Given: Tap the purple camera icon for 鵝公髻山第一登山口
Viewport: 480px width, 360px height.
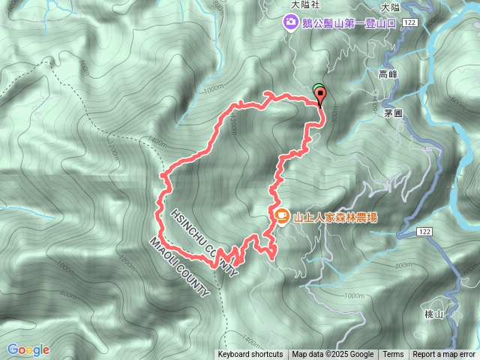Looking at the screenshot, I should (x=289, y=24).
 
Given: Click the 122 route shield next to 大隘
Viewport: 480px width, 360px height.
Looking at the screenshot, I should (x=409, y=24).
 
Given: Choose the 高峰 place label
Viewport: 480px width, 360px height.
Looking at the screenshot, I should (x=388, y=74).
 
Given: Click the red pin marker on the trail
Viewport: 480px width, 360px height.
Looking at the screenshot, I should (x=322, y=96).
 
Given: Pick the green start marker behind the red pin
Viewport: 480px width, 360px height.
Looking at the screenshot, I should (x=317, y=89).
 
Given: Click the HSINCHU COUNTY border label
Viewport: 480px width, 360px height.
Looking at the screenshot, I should (x=198, y=238).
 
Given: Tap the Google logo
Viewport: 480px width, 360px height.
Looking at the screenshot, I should (x=28, y=349).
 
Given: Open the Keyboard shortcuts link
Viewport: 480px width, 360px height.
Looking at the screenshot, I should (x=250, y=355).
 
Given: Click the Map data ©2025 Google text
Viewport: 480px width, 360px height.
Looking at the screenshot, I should (x=333, y=355).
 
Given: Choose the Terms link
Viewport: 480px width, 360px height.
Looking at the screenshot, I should (x=393, y=355).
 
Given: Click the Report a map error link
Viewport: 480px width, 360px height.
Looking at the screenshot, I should (x=445, y=355).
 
